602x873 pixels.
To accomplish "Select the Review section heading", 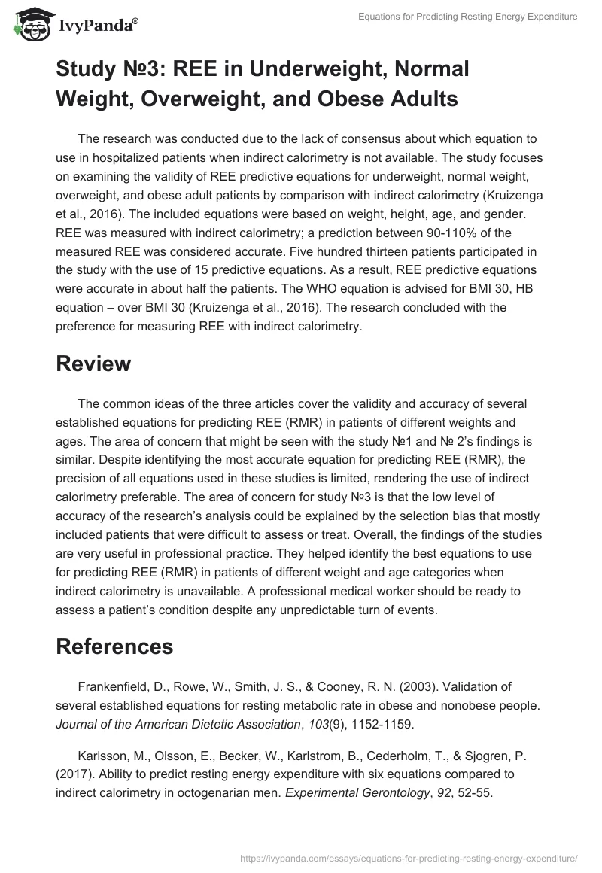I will tap(93, 363).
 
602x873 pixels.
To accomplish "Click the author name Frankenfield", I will tap(113, 686).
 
